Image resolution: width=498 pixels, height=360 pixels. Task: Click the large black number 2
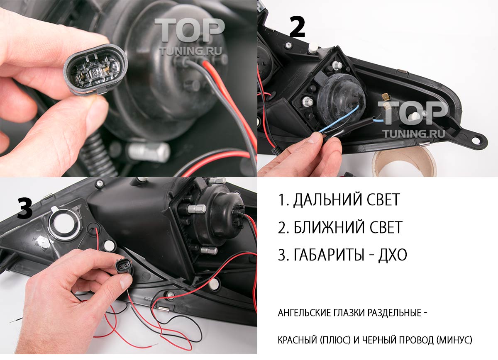coord(297,27)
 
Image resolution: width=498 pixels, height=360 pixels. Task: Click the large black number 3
coord(25,209)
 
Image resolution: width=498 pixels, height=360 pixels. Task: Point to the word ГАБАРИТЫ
coord(329,254)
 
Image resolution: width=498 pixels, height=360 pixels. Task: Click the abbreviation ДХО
coord(393,255)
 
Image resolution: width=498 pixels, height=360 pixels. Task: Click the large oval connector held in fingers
coord(95,69)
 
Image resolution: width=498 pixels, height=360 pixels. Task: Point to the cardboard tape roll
coord(403,164)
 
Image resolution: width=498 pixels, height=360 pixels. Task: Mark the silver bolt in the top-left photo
coord(148,151)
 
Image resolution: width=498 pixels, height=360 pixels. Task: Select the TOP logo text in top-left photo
coord(189,30)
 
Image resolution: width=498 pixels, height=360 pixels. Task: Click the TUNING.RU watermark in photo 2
coord(414,133)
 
